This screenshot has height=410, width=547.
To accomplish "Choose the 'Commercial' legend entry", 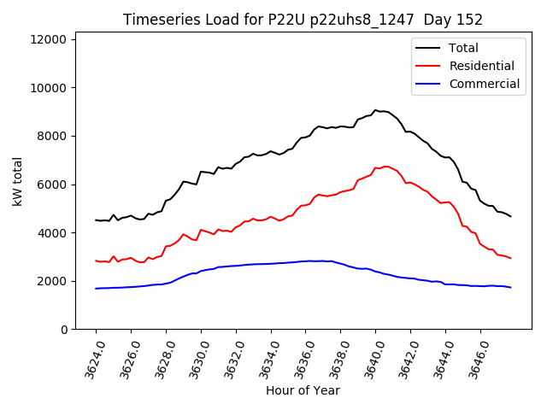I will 484,84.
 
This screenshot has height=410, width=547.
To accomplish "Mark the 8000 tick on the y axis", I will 53,136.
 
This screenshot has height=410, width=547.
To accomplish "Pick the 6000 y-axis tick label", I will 53,184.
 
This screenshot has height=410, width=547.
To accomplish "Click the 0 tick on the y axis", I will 65,330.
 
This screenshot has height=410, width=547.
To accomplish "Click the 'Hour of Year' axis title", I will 303,390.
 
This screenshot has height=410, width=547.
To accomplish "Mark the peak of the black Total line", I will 375,110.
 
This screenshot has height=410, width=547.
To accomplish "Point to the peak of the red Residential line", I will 385,166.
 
